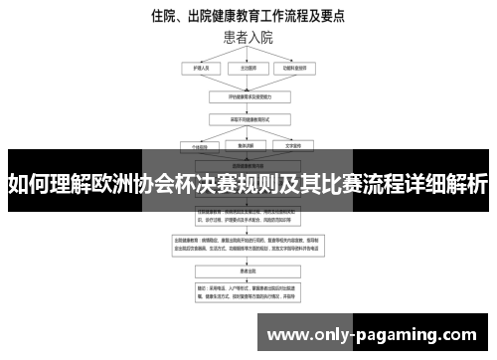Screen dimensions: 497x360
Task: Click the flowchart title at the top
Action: [x=248, y=16]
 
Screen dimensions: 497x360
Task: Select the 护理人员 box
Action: [x=195, y=70]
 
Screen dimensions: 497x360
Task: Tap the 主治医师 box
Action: [x=248, y=70]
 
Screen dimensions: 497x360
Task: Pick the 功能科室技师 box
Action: [x=301, y=70]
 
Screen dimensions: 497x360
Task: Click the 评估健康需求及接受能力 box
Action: [x=248, y=98]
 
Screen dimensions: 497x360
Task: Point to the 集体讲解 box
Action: [x=248, y=145]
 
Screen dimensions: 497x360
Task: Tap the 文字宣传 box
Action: [x=301, y=145]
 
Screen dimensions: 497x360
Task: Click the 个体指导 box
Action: [x=196, y=145]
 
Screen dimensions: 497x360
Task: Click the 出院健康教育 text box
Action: [x=248, y=248]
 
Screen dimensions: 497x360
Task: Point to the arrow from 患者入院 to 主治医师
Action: [x=248, y=56]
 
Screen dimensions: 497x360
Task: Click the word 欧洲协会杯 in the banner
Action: [x=150, y=184]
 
